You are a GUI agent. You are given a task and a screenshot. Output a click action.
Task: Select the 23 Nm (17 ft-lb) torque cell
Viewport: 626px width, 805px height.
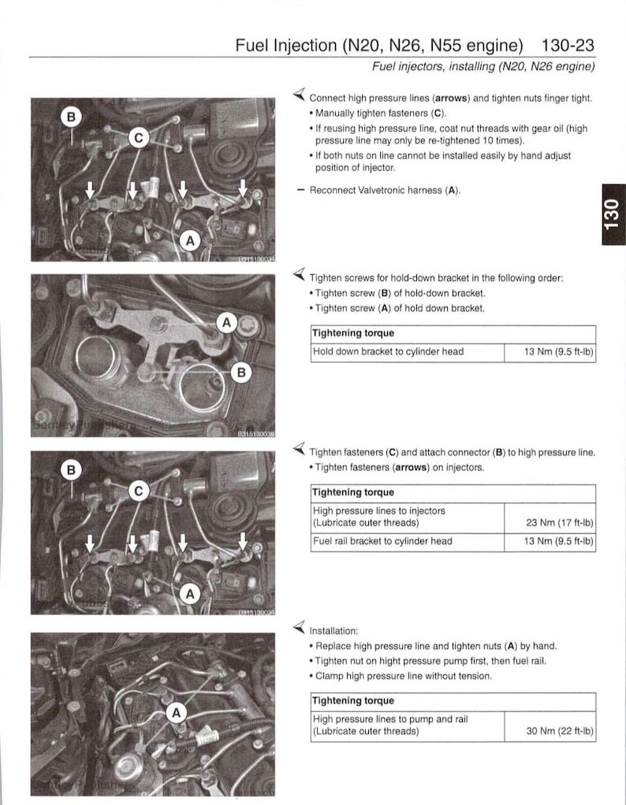(550, 521)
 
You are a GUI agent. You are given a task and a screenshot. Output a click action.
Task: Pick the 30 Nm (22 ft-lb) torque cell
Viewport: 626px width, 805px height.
(550, 730)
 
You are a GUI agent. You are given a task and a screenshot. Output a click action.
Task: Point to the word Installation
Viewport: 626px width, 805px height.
(333, 630)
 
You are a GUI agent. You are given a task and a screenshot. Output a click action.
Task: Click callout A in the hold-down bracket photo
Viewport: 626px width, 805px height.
(226, 321)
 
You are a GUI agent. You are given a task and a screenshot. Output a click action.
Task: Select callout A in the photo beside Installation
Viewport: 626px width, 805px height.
(177, 713)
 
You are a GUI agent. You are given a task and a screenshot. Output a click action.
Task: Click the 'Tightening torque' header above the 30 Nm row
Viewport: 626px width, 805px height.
(353, 700)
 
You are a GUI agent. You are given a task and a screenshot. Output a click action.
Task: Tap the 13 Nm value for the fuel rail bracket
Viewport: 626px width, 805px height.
(550, 541)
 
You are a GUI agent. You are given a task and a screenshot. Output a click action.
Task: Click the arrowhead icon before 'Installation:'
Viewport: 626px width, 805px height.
(299, 628)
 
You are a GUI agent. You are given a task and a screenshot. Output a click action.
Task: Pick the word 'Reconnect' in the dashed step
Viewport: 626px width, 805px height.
(333, 191)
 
